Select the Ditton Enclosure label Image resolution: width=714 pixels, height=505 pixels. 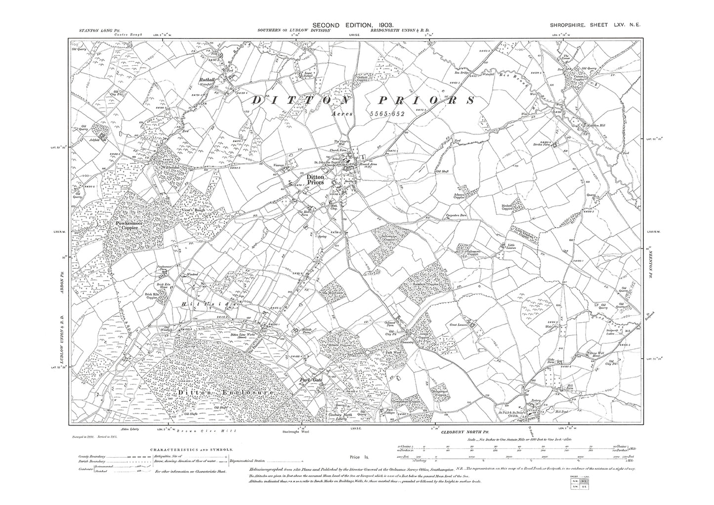pos(224,392)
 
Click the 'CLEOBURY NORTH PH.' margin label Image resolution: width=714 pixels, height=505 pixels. pos(461,432)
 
